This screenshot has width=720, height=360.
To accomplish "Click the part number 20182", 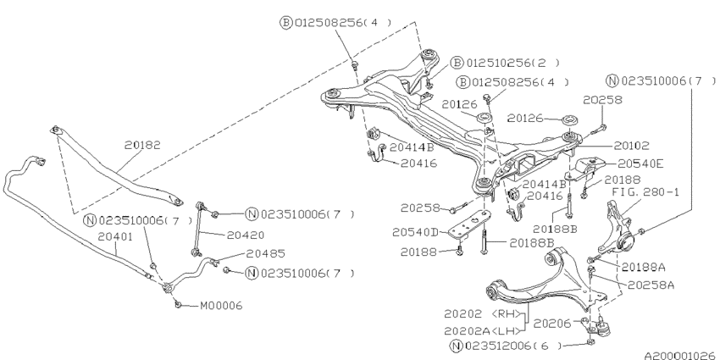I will point(142,146).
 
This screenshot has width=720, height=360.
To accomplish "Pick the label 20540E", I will point(640,163).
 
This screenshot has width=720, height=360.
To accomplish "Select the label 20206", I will point(552,323).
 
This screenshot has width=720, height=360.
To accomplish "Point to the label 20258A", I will point(651,285).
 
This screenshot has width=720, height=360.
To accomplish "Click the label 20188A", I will point(644,266).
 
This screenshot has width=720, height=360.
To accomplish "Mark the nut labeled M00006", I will point(177,304).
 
